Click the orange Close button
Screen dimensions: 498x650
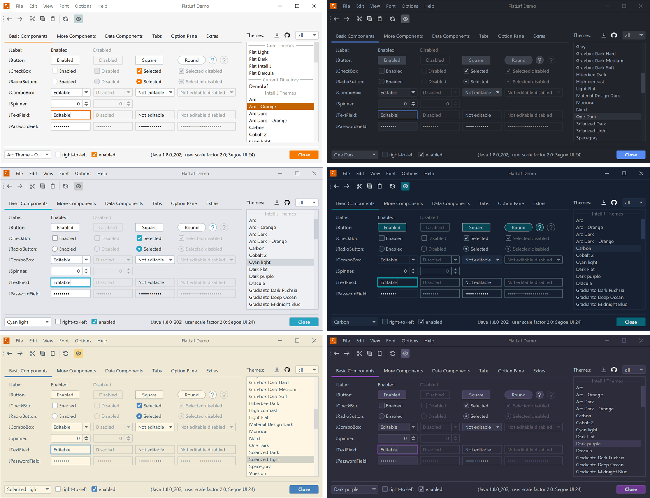tap(304, 155)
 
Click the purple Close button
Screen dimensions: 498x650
tap(631, 489)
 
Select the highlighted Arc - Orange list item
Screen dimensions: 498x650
tap(280, 107)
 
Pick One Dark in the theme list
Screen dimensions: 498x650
tap(586, 117)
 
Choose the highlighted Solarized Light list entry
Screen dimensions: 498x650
tap(265, 459)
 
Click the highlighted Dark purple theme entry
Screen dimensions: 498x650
tap(588, 444)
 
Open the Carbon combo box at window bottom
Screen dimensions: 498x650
tap(355, 322)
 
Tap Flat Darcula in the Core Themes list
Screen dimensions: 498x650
tap(261, 73)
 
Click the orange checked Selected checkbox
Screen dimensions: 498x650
tap(139, 71)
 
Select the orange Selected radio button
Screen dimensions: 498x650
tap(139, 82)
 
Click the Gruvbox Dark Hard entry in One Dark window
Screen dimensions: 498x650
tap(596, 54)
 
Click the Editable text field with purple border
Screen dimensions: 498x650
tap(397, 450)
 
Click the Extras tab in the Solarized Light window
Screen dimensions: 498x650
tap(212, 371)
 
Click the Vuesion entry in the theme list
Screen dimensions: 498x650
tap(258, 473)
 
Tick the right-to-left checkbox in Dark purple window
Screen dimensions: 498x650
tap(385, 489)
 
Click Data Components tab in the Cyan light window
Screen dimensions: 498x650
tap(124, 203)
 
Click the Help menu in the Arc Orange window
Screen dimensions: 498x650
tap(102, 6)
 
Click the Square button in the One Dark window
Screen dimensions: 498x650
tap(476, 60)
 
